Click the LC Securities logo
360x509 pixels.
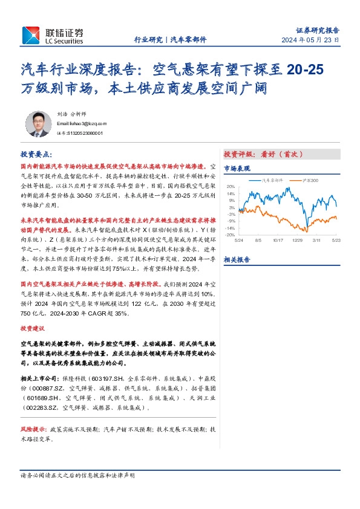click(53, 36)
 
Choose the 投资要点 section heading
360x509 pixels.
click(36, 154)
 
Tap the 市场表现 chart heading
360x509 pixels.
click(237, 169)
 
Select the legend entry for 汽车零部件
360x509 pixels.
click(273, 180)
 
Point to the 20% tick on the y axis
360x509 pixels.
click(231, 187)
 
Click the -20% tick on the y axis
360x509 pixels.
click(230, 235)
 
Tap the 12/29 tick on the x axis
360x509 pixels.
click(298, 240)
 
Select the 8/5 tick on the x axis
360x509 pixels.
click(259, 240)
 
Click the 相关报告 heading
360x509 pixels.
click(237, 259)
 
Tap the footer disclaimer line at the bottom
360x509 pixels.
click(78, 476)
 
